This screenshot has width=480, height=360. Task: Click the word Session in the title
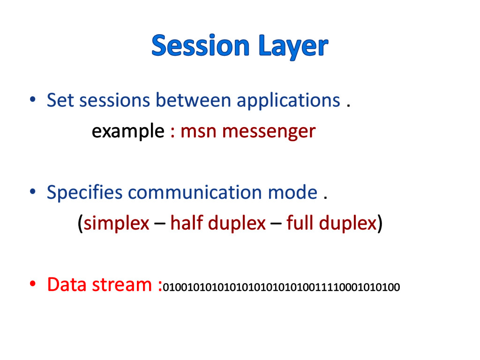pos(201,45)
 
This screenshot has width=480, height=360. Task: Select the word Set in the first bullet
pos(60,100)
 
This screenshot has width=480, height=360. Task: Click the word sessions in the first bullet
pos(114,100)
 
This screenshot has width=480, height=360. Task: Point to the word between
pos(193,100)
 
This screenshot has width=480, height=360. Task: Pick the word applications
pos(288,101)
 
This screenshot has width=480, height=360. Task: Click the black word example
pos(128,132)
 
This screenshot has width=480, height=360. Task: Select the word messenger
pos(269,133)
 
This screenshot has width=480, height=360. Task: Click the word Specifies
pos(84,193)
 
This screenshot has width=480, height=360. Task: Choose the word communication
pos(195,193)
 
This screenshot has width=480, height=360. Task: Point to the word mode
pos(292,193)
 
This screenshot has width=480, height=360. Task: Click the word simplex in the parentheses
pos(116,224)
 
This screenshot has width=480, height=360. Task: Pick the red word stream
pos(122,285)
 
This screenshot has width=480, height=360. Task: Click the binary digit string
pos(281,287)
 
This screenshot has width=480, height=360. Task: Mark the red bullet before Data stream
pos(32,284)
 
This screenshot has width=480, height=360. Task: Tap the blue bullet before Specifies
pos(32,192)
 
